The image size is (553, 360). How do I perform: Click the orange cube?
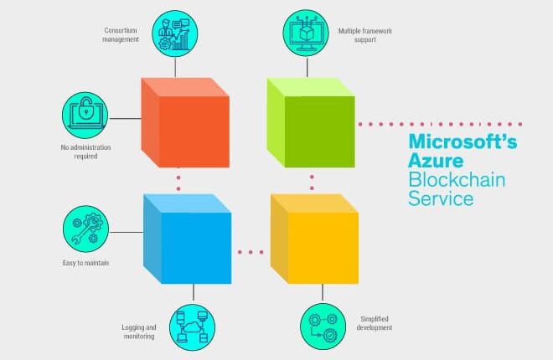(x=185, y=122)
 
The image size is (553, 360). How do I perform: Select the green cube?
(x=311, y=122)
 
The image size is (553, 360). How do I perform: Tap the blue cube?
(x=188, y=239)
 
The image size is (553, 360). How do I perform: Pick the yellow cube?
(x=314, y=239)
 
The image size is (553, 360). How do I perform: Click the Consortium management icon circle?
(x=175, y=33)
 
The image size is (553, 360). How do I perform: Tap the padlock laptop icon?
(x=85, y=116)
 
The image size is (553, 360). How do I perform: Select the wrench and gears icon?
(x=85, y=229)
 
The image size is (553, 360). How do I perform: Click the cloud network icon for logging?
(x=192, y=327)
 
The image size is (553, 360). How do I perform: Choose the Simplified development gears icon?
(x=323, y=327)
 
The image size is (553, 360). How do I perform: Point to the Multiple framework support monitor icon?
(x=306, y=33)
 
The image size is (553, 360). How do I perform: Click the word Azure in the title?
(x=436, y=160)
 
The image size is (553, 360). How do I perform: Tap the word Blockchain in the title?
(x=457, y=179)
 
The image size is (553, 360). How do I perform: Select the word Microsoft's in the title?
(x=463, y=141)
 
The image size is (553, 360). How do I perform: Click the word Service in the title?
(x=441, y=198)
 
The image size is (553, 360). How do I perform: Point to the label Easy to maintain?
(x=85, y=263)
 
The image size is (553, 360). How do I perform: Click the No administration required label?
(x=85, y=152)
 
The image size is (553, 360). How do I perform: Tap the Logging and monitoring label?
(x=139, y=332)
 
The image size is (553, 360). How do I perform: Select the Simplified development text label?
(x=375, y=323)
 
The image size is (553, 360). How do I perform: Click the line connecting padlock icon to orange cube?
(x=125, y=118)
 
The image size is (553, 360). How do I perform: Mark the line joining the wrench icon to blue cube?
(x=127, y=232)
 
